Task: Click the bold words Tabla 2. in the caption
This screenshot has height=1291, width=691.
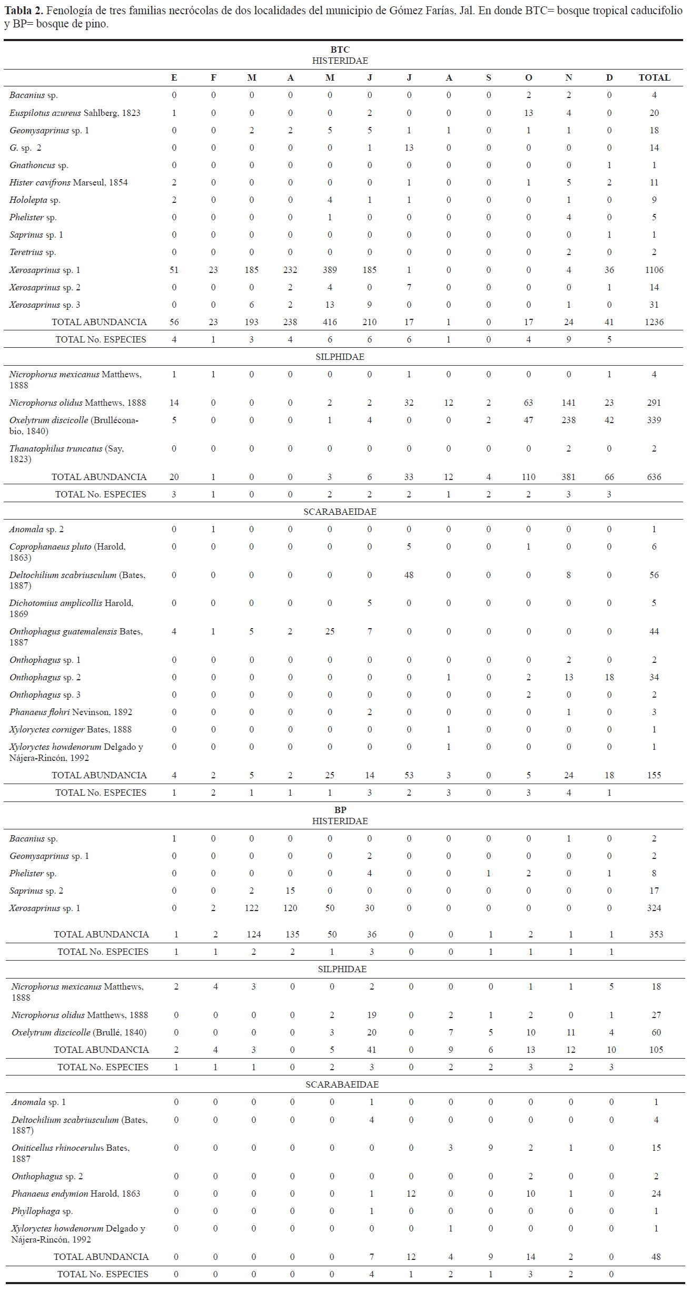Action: (x=24, y=11)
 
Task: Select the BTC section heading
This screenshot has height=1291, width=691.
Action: (x=340, y=50)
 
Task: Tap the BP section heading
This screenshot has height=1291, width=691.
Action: (x=340, y=809)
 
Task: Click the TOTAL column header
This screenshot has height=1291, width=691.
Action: (x=654, y=77)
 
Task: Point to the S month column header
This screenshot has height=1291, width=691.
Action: (x=488, y=77)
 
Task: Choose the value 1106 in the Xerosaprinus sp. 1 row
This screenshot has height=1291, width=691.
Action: (x=654, y=270)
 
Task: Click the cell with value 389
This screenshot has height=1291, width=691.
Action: (x=330, y=270)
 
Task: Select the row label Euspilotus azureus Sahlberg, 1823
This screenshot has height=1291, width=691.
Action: (x=75, y=113)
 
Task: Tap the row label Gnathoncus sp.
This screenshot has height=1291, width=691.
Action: (x=39, y=165)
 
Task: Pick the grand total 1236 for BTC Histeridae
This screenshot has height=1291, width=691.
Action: (x=654, y=322)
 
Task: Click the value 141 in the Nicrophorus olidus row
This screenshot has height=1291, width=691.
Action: (x=568, y=403)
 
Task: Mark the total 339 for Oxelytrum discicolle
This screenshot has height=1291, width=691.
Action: (x=654, y=420)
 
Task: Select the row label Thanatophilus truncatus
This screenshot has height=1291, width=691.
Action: (x=66, y=453)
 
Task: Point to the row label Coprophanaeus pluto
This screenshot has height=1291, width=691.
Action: (x=67, y=552)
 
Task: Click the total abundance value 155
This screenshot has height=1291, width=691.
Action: (x=654, y=775)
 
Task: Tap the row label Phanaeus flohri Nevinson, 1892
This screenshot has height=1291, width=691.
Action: (x=71, y=712)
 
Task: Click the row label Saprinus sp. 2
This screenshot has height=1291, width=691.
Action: (x=36, y=891)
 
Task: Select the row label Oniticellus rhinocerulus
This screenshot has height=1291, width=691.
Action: (x=71, y=1153)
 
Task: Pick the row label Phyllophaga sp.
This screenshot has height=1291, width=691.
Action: (x=42, y=1211)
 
